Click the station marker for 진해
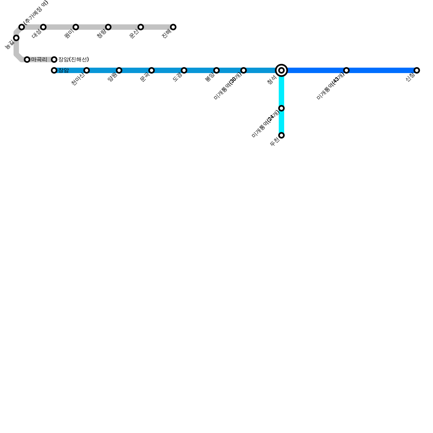[173, 27]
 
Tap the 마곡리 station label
[39, 60]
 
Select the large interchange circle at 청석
[281, 70]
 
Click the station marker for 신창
[417, 70]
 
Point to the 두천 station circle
[281, 135]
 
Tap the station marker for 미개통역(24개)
[281, 108]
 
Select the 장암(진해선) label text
[74, 60]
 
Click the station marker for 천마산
[87, 70]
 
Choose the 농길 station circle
[16, 38]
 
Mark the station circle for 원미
[76, 27]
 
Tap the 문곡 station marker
[152, 70]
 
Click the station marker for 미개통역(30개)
[244, 70]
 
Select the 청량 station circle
[108, 27]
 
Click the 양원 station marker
[119, 70]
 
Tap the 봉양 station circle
[216, 70]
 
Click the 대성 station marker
[43, 27]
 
